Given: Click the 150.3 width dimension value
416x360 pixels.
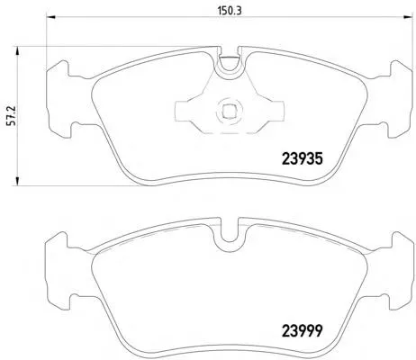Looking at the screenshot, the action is click(230, 11).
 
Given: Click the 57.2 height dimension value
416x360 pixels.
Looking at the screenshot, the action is click(14, 115).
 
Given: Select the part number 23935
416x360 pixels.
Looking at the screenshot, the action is click(302, 159).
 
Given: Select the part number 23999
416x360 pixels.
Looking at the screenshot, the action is click(302, 331).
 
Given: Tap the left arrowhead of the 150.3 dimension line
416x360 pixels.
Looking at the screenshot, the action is click(51, 17).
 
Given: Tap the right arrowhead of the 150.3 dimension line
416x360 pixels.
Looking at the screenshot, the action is click(408, 17).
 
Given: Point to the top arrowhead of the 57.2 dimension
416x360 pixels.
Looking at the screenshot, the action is click(17, 51).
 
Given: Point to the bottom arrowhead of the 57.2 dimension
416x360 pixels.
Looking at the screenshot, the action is click(17, 181).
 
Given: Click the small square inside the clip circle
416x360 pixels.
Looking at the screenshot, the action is click(228, 112).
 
